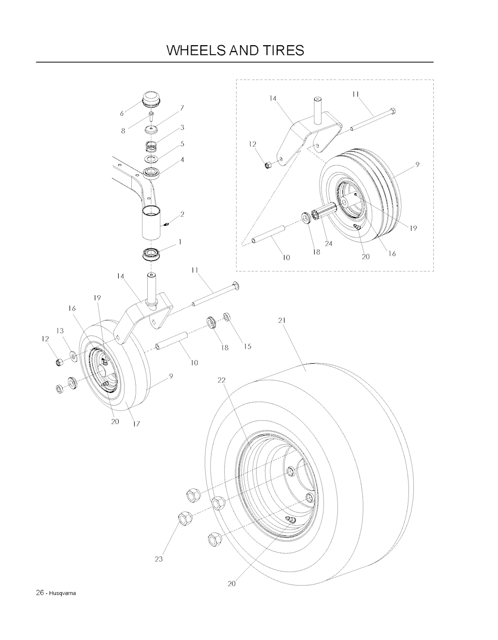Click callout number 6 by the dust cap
(122, 113)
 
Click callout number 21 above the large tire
(282, 320)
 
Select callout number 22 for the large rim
(221, 380)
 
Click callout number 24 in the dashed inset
(329, 244)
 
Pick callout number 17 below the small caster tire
(136, 424)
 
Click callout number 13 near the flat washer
(60, 331)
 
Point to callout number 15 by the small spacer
(248, 346)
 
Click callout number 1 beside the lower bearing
(180, 242)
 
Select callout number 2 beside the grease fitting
(182, 214)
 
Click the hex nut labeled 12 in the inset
(268, 165)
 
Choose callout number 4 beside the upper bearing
(182, 160)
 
